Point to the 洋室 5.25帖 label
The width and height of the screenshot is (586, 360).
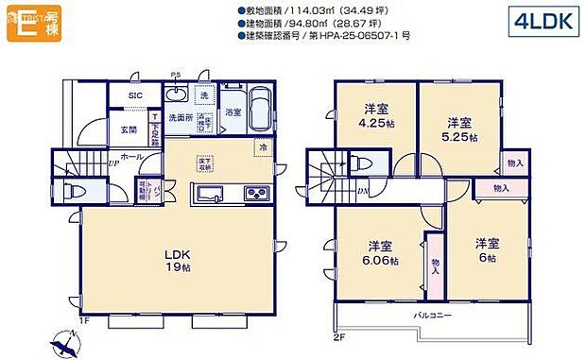(x=459, y=129)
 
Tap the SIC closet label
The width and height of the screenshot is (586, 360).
(x=135, y=95)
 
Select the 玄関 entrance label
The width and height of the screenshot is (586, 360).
(x=128, y=129)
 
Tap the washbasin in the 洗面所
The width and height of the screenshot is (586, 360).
(x=178, y=95)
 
